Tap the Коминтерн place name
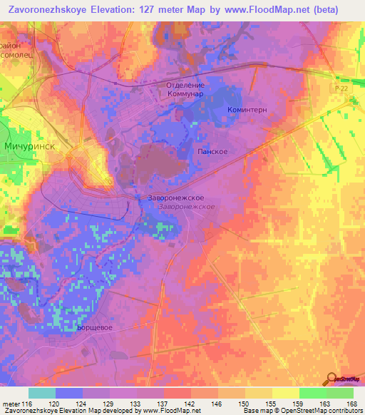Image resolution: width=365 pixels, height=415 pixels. (246, 111)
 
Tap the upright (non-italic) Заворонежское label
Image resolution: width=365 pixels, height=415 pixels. (177, 198)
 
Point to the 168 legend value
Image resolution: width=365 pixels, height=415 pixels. (349, 404)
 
